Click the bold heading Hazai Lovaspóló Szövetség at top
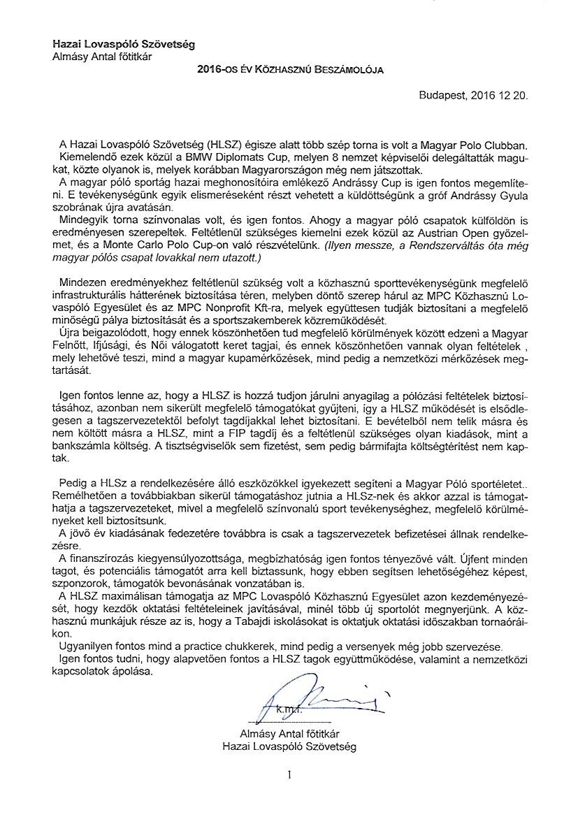pos(124,44)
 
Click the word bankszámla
pos(89,447)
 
